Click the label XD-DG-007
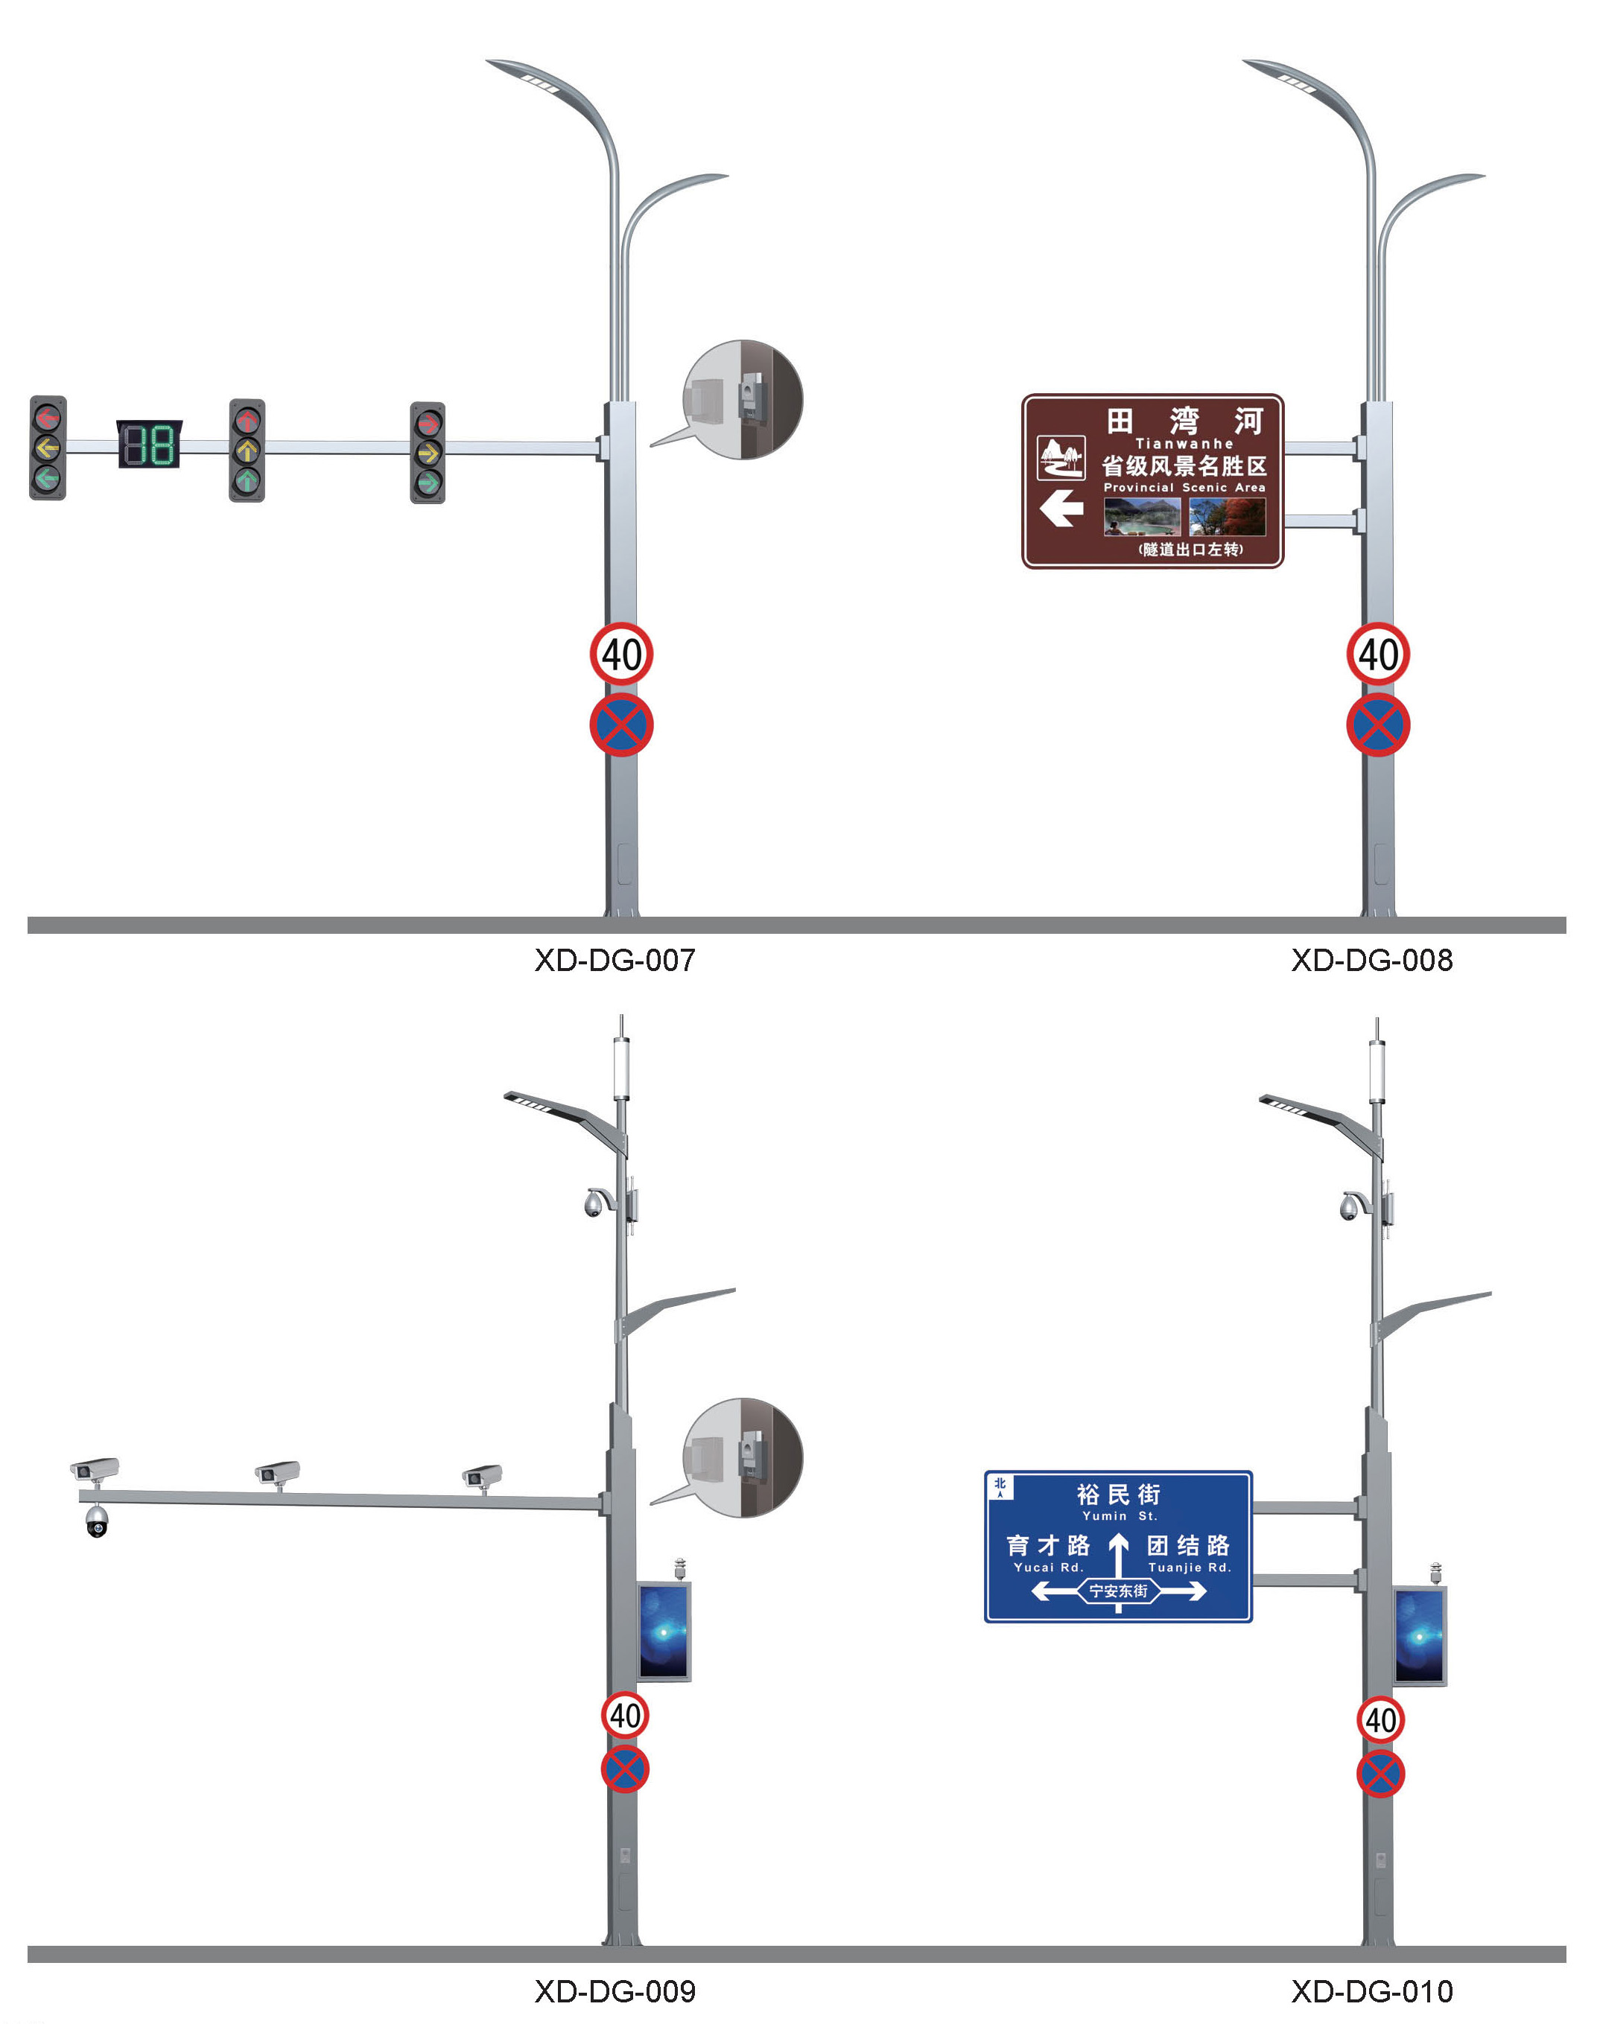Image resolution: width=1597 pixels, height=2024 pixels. [x=615, y=960]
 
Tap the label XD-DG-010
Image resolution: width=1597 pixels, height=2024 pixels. [x=1371, y=1990]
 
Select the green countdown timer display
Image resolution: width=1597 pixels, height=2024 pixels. [x=150, y=444]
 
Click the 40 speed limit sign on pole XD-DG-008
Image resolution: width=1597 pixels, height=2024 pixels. [x=1377, y=654]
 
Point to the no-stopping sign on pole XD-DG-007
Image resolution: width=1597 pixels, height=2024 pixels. [x=620, y=725]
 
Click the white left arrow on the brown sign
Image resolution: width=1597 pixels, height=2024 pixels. [x=1061, y=509]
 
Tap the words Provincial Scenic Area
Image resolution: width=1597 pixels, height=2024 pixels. [x=1184, y=487]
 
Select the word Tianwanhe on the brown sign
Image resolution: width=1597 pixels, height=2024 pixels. [x=1184, y=443]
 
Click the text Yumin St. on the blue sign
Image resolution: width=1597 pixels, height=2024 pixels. [x=1120, y=1515]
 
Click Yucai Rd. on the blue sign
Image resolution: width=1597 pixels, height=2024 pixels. [x=1048, y=1568]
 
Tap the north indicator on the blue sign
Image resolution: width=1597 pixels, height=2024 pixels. [x=1000, y=1486]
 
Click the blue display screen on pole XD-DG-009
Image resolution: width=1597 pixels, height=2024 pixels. [x=664, y=1632]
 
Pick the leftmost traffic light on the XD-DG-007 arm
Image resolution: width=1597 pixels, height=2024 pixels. [x=48, y=448]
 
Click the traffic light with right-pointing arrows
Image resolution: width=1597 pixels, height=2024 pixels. [x=428, y=453]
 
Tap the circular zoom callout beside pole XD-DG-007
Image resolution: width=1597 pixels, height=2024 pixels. [x=743, y=399]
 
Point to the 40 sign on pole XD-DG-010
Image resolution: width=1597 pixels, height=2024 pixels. [x=1380, y=1719]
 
